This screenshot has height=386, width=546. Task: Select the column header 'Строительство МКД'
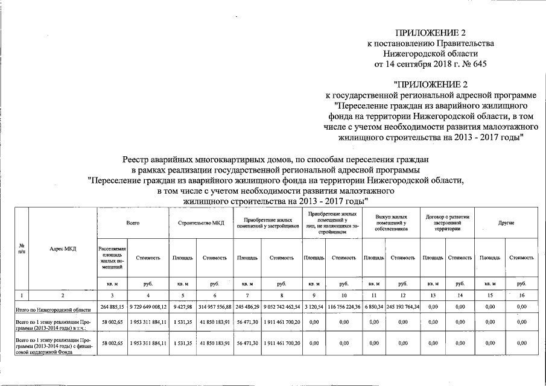pos(202,223)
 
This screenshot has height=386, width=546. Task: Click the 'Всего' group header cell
pos(133,223)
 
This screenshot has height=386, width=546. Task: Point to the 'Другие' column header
pos(506,223)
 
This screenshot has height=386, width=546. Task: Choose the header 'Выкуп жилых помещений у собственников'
pos(391,223)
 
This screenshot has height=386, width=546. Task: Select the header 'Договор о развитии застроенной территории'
pos(447,223)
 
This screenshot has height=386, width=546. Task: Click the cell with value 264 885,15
pos(113,308)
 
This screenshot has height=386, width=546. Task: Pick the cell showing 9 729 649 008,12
pos(148,308)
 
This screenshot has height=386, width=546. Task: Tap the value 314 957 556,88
pos(214,308)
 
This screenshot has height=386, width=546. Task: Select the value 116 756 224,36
pos(343,308)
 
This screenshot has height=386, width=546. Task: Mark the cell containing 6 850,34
pos(374,308)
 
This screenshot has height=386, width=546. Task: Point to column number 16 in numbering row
pos(522,295)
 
